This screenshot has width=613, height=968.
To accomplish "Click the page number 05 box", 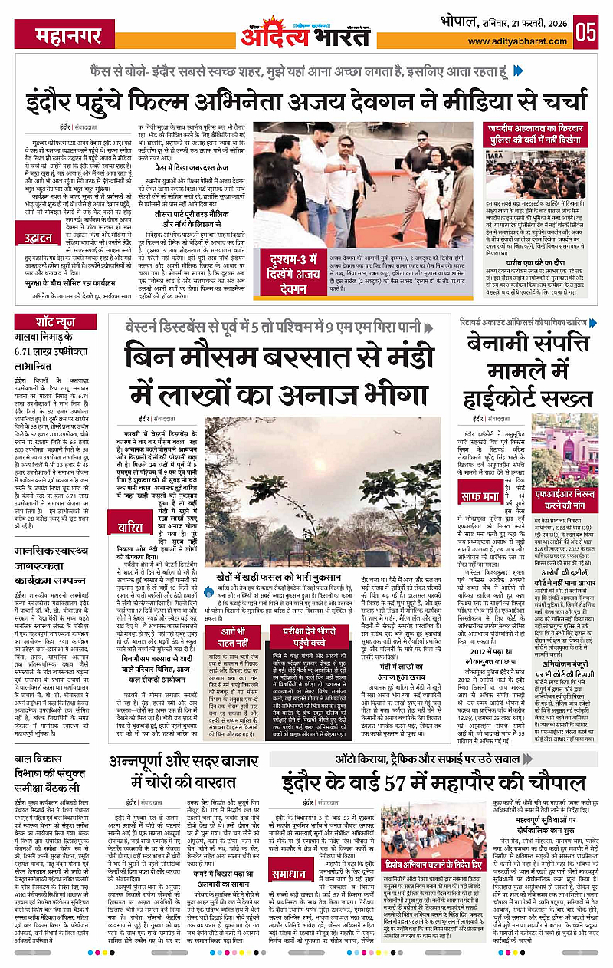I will coord(587,33).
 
